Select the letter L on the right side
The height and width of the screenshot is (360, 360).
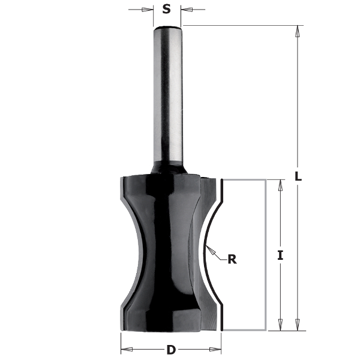tap(298, 177)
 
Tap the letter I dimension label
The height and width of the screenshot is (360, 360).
tap(280, 255)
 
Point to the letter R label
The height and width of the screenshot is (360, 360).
tap(231, 259)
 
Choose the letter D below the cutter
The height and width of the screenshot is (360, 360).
tap(172, 349)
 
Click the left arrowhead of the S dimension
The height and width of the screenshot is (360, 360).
tap(149, 10)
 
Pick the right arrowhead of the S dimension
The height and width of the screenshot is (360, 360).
tap(185, 10)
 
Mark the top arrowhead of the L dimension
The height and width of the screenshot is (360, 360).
tap(297, 30)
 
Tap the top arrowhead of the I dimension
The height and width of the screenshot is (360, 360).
tap(279, 184)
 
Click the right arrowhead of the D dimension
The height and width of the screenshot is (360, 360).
tap(218, 349)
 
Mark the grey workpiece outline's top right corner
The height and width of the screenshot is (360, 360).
tap(265, 179)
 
